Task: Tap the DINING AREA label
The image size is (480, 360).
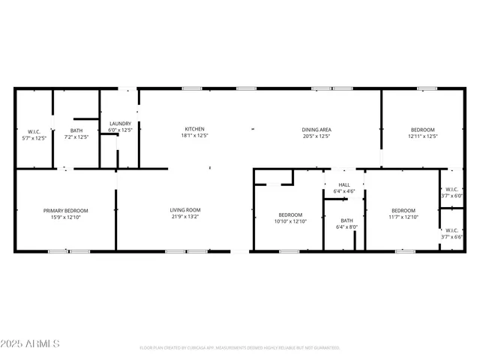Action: pos(316,129)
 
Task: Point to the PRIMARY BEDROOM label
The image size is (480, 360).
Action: pos(66,211)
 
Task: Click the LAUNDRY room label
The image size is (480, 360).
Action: pos(120,124)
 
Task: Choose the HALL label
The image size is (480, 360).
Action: pos(344,184)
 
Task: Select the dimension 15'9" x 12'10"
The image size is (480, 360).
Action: pos(66,217)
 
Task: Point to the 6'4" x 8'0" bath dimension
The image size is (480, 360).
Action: pos(346,226)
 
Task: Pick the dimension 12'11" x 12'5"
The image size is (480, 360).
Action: pos(422,136)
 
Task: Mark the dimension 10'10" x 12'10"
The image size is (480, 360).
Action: pos(290,221)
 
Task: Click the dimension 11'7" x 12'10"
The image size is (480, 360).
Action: pos(403,217)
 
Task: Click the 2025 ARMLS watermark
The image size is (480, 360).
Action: pos(31,343)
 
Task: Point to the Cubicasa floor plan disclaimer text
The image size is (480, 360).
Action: pos(240,348)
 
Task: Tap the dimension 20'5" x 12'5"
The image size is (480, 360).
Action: pos(316,136)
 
